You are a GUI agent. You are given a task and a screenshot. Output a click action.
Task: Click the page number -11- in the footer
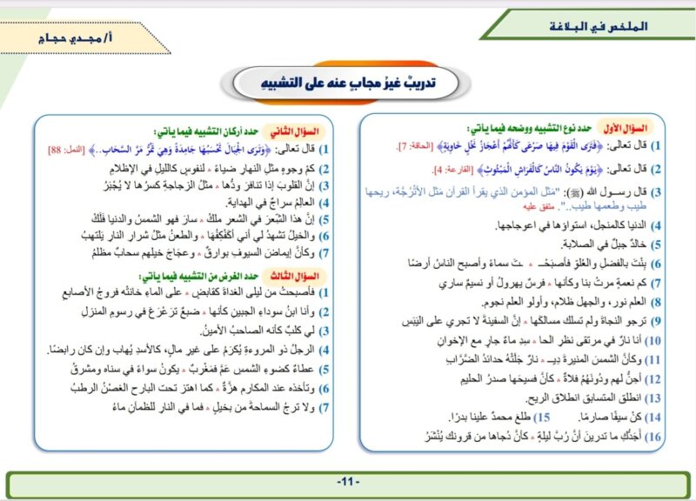point(348,482)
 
